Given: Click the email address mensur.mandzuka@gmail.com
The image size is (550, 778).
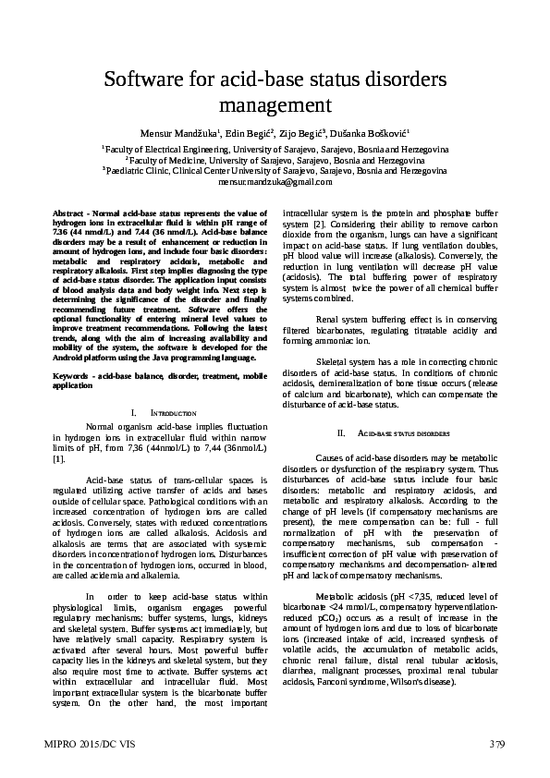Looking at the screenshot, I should click(275, 183).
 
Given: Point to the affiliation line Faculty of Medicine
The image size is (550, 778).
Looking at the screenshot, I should click(275, 160).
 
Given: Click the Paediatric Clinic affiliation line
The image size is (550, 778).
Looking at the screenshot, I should click(275, 171).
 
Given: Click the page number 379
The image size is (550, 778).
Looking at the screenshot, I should click(496, 743).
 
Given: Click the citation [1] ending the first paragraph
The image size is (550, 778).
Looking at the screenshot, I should click(58, 458).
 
